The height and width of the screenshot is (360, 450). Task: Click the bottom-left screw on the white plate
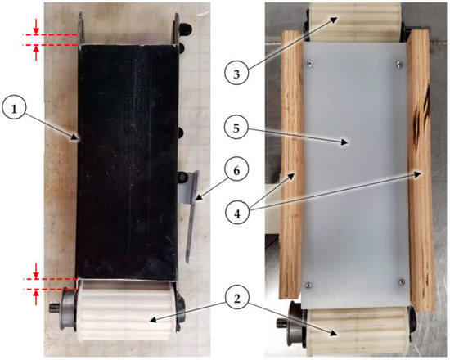coord(308,283)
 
